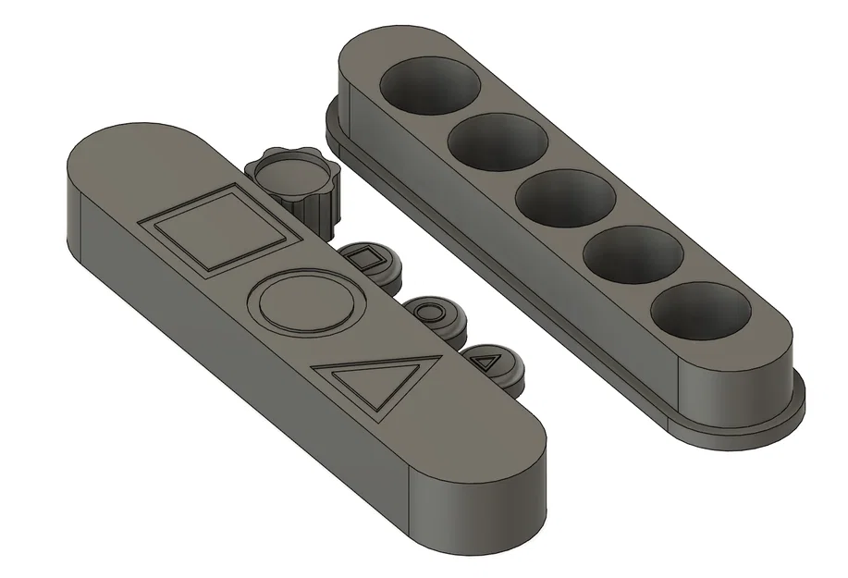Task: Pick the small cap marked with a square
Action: [369, 261]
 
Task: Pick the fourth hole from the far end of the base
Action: [633, 252]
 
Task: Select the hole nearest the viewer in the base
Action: [700, 309]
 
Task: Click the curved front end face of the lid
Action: [481, 500]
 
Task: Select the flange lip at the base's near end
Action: [740, 427]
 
